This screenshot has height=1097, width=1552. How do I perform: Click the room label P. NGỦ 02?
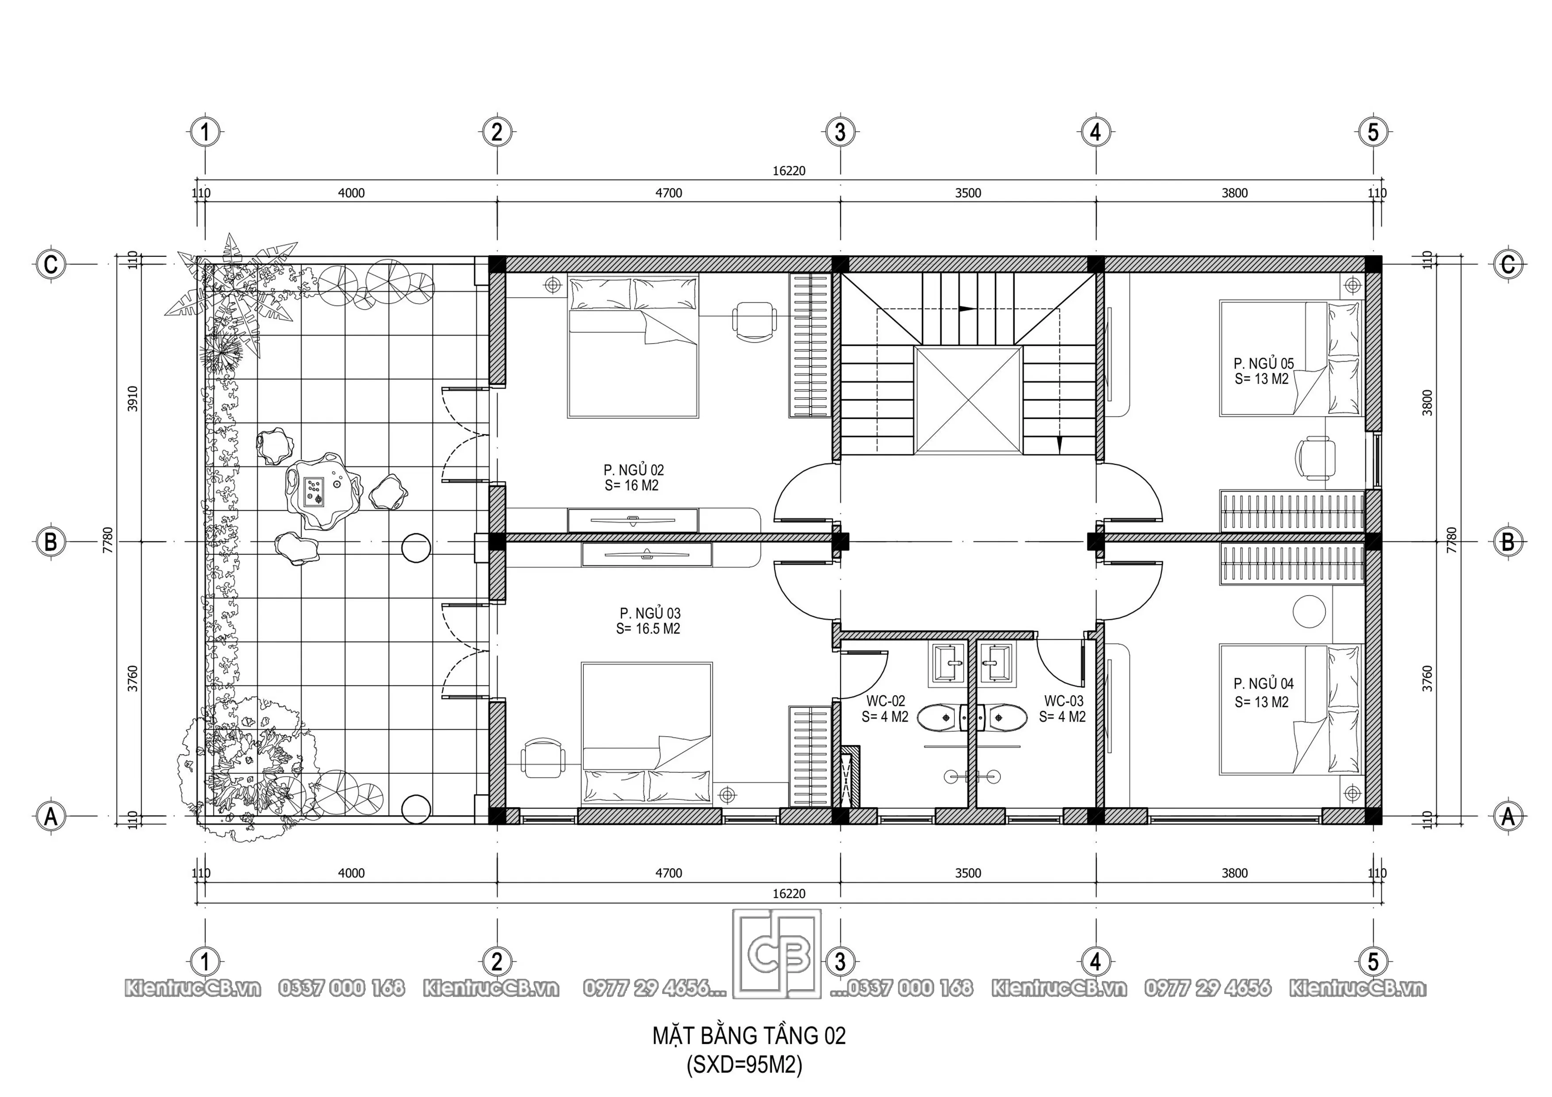coord(633,470)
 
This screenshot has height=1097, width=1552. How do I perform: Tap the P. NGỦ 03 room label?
coord(650,613)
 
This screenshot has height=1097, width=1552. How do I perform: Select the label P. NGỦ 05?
coord(1263,363)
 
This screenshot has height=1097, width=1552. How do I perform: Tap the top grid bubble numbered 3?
coord(840,132)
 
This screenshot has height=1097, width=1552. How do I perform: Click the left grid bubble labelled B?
coord(51,541)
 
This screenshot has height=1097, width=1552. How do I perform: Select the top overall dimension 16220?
coord(789,171)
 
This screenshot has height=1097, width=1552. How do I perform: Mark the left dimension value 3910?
coord(133,399)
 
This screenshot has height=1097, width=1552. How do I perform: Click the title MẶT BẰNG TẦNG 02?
coord(748,1036)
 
